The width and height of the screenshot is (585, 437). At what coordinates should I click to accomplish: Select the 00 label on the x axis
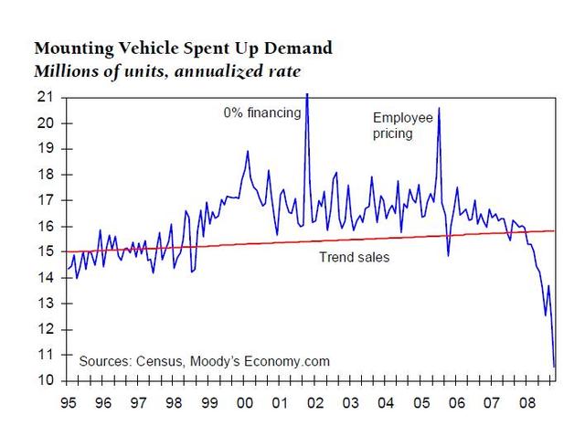pos(245,402)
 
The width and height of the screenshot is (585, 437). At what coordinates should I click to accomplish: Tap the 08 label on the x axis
pos(526,402)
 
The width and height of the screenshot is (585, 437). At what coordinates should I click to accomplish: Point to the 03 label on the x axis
pos(350,402)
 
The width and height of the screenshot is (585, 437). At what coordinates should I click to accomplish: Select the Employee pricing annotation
pos(402,124)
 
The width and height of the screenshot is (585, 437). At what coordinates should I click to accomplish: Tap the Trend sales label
pos(354,257)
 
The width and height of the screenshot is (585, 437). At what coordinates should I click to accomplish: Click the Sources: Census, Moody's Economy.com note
pos(204,361)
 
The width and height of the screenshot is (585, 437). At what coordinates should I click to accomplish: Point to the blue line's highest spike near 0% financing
pos(306,93)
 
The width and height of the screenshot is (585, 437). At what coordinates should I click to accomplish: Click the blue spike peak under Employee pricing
pos(440,108)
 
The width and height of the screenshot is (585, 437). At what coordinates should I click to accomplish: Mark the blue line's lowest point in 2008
pos(554,367)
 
